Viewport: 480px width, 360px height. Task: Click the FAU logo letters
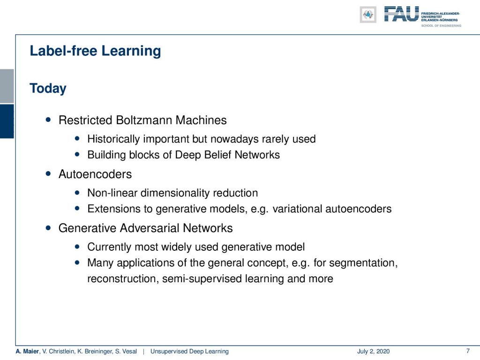401,14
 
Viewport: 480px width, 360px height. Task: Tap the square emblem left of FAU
368,15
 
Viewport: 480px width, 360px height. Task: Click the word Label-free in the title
63,51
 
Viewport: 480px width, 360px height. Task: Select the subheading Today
48,89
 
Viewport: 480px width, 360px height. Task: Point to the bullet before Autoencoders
48,173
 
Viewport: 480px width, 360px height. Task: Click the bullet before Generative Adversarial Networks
48,228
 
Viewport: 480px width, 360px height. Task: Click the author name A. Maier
27,352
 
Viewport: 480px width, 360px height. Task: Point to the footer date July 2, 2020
373,352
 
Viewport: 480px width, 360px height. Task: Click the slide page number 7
468,351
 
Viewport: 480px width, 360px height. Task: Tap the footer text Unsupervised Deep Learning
189,352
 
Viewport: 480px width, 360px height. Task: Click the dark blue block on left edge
7,121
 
